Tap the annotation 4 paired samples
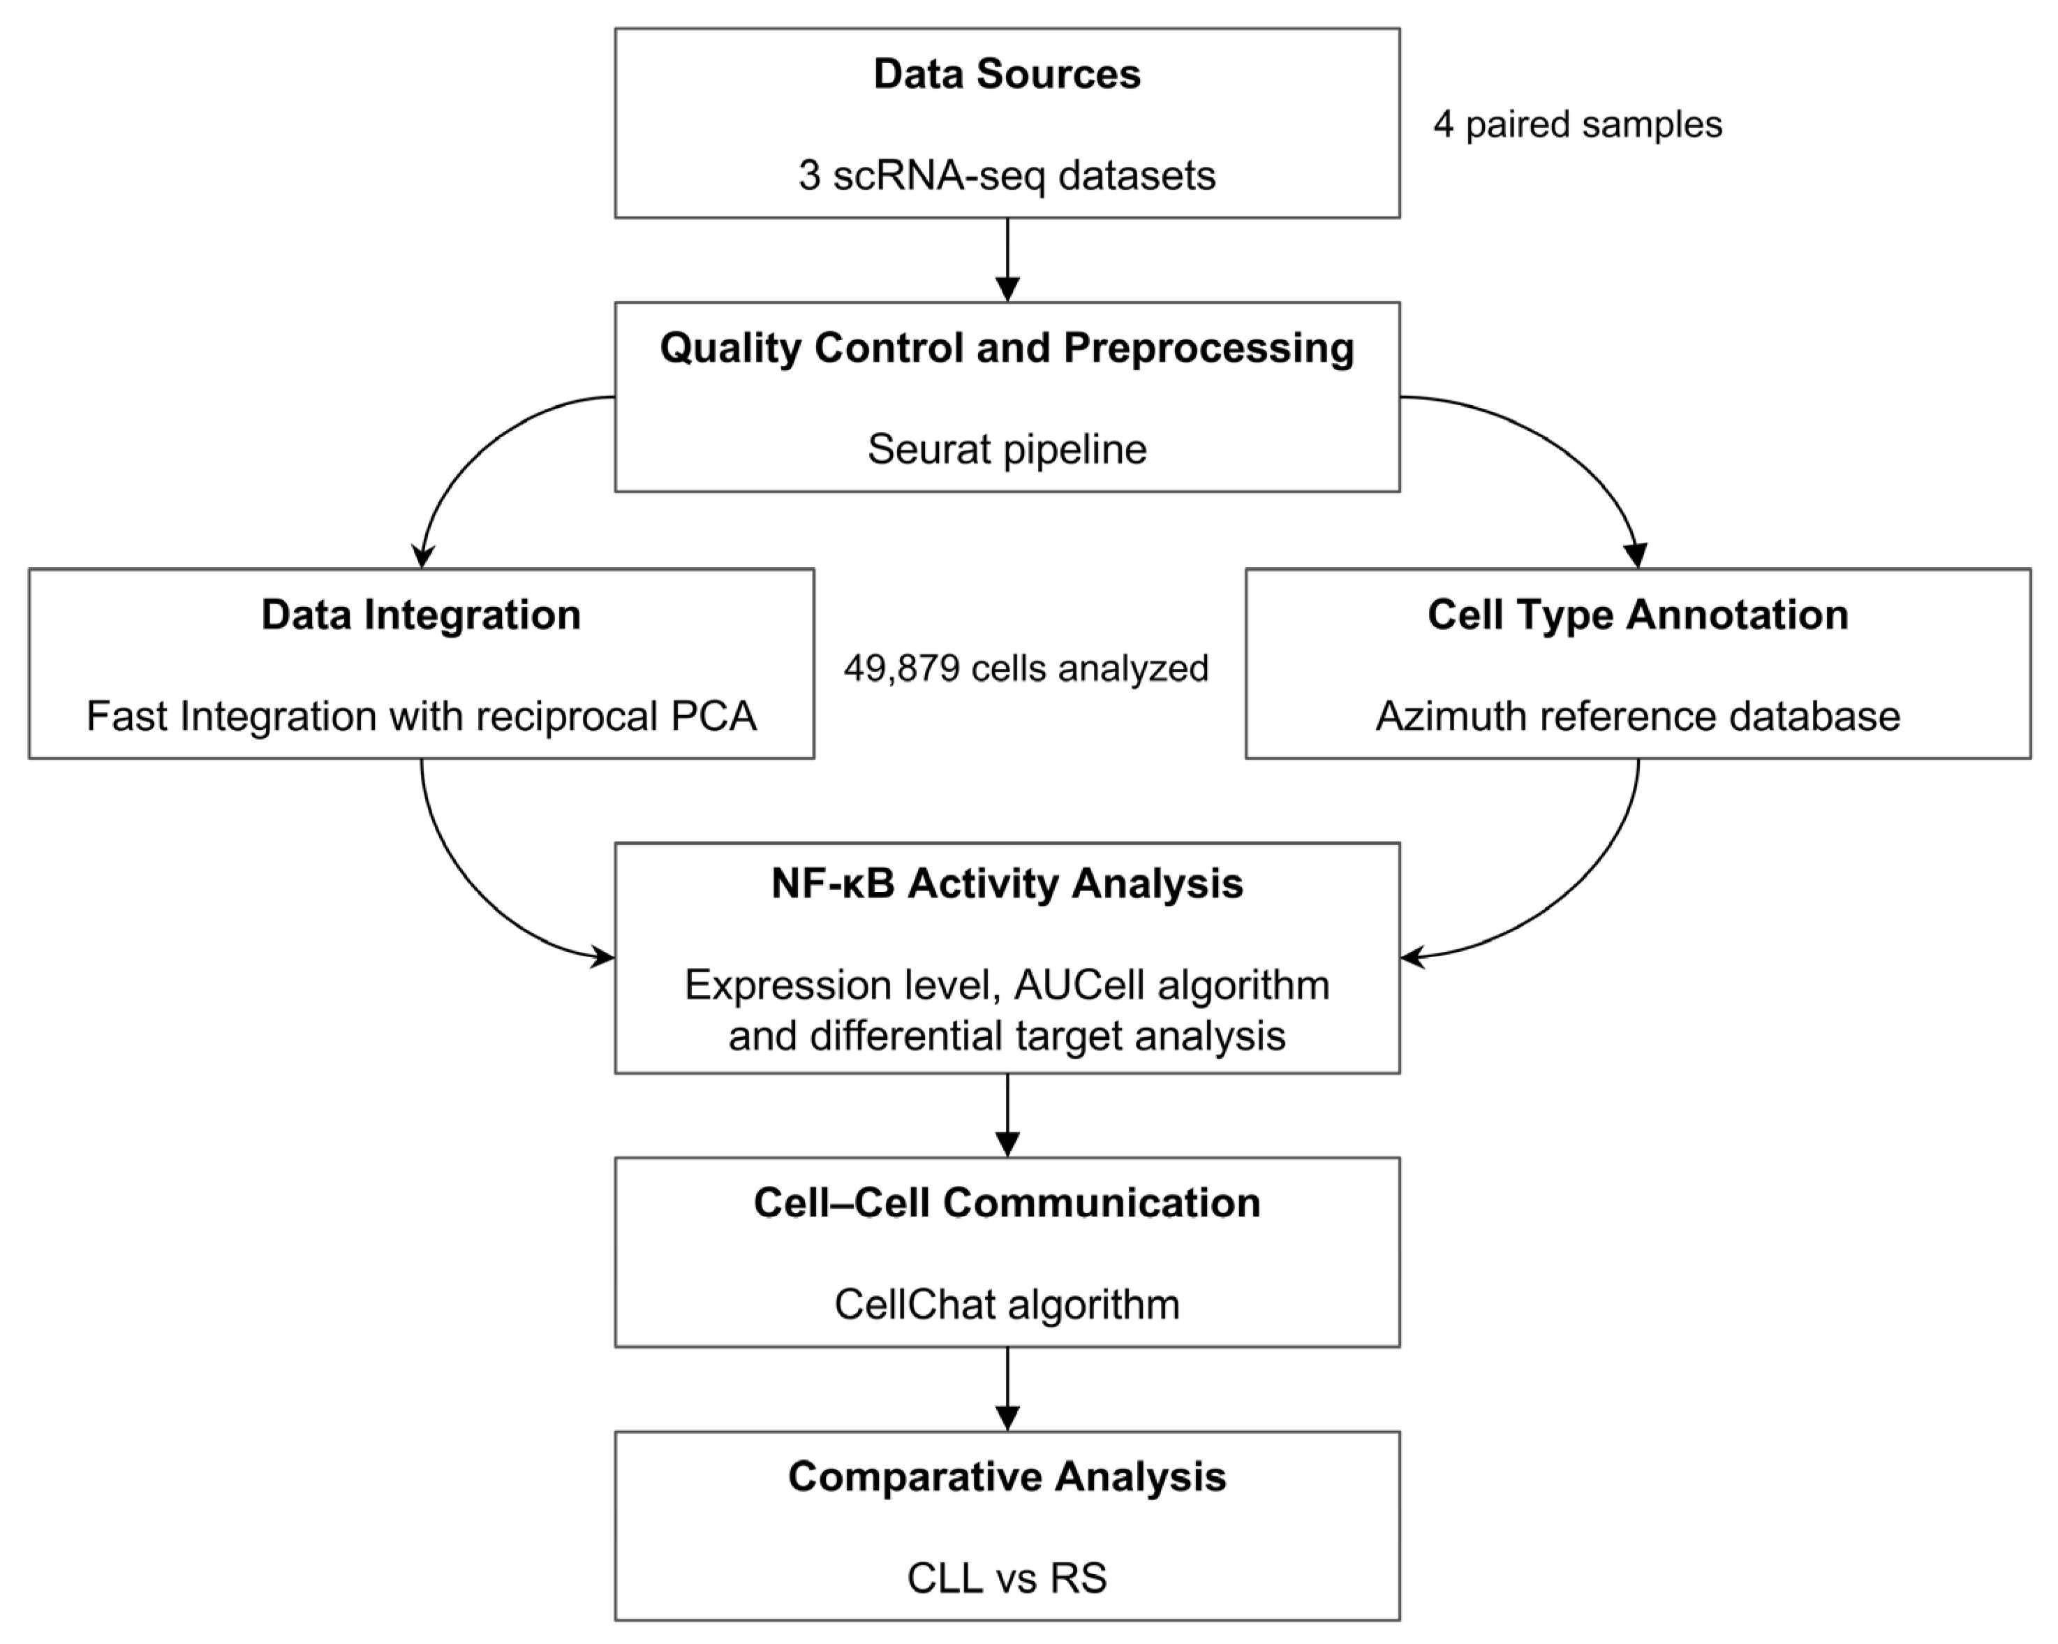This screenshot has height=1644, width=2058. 1577,125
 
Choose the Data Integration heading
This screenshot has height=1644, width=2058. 421,615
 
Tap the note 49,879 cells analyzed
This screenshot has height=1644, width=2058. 1026,668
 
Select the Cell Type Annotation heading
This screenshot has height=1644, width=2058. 1637,615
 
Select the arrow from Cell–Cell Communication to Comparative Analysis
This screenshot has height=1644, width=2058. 1007,1388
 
